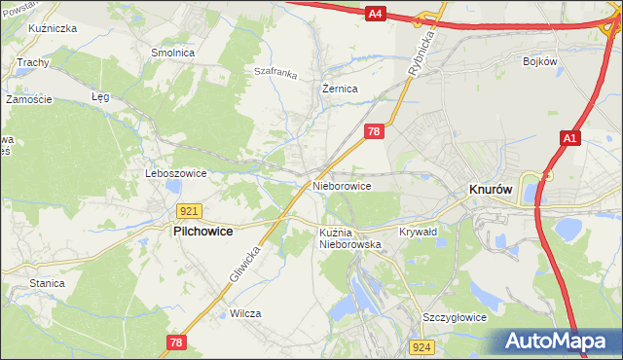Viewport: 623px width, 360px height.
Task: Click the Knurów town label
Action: (492, 191)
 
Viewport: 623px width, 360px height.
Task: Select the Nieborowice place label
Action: (342, 185)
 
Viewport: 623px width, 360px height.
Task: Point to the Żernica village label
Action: (341, 89)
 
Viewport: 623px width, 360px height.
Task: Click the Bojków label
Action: (538, 61)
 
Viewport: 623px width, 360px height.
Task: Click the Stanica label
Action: (47, 283)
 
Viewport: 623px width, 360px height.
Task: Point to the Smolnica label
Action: (172, 53)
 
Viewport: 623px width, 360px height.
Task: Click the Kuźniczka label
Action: (54, 29)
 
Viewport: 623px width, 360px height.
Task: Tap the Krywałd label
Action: (419, 232)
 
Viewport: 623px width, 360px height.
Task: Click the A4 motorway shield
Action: (377, 14)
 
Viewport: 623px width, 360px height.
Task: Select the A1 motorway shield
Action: (570, 140)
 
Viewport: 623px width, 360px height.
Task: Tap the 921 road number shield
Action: (190, 211)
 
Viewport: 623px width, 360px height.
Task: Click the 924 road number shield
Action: (421, 347)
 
